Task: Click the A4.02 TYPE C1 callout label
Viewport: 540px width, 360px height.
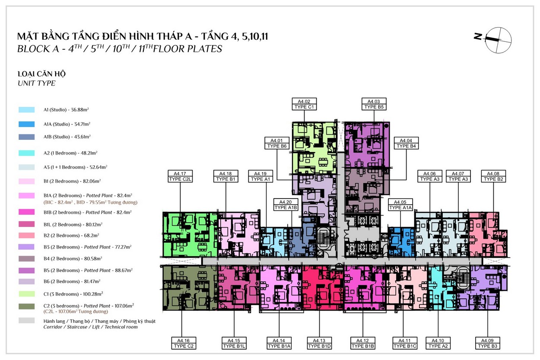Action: [x=304, y=104]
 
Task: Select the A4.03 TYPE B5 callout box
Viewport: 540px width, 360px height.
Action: [x=374, y=104]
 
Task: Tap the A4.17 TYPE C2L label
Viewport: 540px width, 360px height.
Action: [x=180, y=176]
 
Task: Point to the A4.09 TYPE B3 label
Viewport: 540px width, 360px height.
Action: [x=488, y=343]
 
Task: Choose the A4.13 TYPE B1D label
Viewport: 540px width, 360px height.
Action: [x=319, y=343]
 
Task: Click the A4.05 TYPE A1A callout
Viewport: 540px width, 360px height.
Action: [x=400, y=205]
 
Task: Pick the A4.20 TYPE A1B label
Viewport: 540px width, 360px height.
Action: [x=286, y=205]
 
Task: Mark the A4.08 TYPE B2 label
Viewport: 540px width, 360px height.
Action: [x=493, y=176]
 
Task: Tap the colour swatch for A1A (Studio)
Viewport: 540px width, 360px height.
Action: [x=26, y=124]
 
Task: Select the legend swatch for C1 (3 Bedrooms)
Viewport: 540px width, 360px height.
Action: [x=26, y=294]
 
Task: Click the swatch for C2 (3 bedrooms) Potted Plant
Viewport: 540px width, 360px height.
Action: [x=26, y=306]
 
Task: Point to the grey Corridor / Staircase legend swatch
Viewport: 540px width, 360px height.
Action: [x=26, y=321]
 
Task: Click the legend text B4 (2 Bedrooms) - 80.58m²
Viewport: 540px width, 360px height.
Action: [x=73, y=259]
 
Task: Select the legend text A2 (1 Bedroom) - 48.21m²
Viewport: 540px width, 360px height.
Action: [x=70, y=153]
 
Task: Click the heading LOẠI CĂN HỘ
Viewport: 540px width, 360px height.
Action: [x=41, y=74]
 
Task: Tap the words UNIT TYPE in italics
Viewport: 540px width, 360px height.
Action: [x=36, y=83]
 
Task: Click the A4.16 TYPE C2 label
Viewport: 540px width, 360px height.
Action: [x=184, y=343]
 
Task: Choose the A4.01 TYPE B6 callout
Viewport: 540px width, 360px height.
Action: [x=277, y=143]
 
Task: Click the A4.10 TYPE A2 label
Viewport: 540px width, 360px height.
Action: [x=438, y=343]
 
